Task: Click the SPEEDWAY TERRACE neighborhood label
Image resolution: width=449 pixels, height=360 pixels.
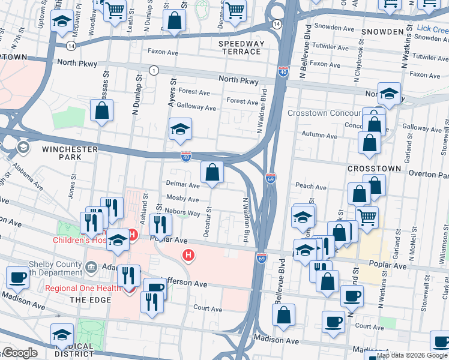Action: coord(241,47)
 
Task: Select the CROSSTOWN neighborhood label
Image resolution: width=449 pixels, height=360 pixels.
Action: coord(375,169)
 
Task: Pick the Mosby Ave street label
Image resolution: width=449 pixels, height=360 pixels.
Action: coord(182,199)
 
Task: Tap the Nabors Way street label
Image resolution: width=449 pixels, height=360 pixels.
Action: coord(184,213)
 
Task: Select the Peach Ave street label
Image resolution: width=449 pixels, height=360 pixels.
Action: coord(310,187)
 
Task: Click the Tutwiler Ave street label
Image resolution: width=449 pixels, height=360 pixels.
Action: coord(331,46)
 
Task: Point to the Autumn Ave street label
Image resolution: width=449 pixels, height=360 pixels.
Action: coord(317,134)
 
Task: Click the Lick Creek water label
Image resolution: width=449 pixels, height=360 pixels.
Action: coord(431,29)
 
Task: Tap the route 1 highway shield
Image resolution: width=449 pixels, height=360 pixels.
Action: coord(154,71)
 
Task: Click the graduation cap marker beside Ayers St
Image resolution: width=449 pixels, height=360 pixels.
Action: coord(179,130)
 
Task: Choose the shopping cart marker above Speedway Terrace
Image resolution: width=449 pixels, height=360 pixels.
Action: coord(235,10)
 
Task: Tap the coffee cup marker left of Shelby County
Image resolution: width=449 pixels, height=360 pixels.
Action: coord(18,278)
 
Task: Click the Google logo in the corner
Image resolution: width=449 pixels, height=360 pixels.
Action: coord(20,353)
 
